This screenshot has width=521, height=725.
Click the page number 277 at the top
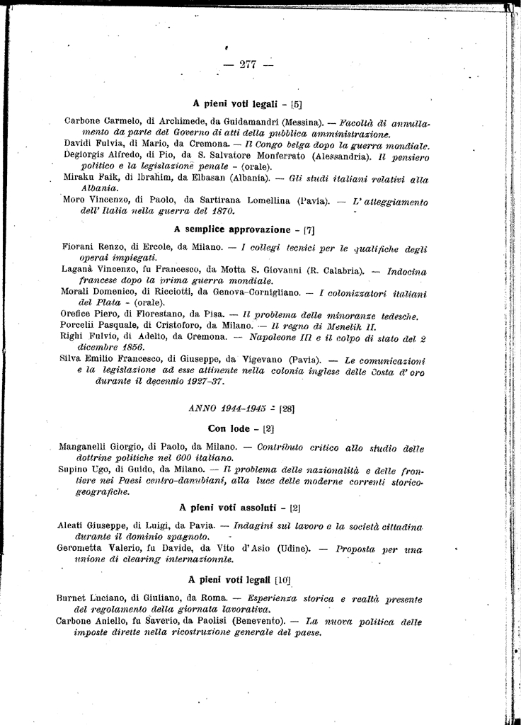[x=247, y=64]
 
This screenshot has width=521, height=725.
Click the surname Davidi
[x=78, y=144]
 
